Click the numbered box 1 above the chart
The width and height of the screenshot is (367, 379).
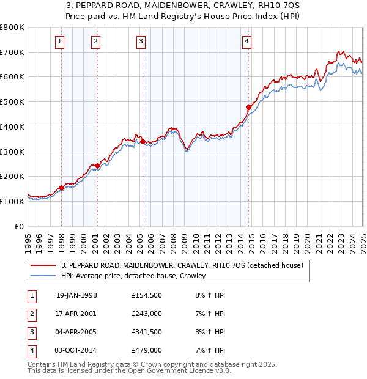point(60,42)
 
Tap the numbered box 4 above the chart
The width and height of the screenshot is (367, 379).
point(247,42)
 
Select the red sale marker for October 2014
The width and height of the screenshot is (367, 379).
point(249,107)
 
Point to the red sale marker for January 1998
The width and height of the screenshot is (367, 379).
point(62,188)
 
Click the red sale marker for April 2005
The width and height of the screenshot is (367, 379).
point(143,141)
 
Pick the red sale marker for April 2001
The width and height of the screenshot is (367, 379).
point(97,166)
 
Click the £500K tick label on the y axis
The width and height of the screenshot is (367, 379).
point(12,101)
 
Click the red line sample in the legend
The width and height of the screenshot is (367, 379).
point(43,265)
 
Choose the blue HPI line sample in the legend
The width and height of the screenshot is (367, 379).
point(43,276)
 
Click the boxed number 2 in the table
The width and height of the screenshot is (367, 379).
point(31,314)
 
